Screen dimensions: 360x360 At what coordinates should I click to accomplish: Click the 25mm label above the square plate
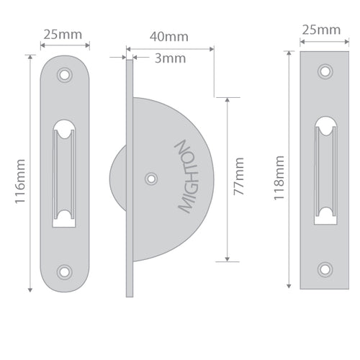[320, 30]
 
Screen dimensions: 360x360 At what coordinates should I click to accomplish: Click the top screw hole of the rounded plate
[65, 74]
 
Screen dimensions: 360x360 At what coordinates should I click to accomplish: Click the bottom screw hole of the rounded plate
[65, 271]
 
